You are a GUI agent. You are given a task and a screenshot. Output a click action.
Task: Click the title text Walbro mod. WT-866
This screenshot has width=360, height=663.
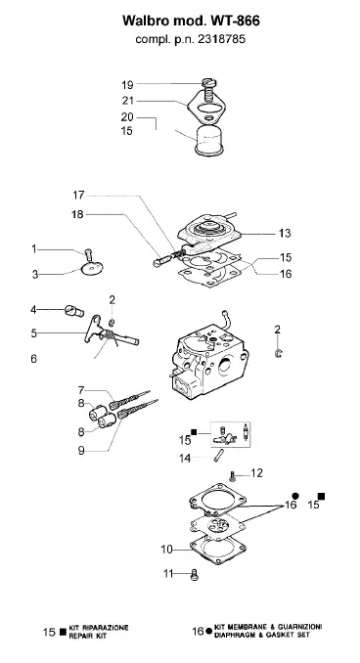click(191, 21)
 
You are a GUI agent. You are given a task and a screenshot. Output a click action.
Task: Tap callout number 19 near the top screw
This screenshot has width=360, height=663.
click(127, 85)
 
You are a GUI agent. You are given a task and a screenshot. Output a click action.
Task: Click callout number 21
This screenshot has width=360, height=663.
click(128, 101)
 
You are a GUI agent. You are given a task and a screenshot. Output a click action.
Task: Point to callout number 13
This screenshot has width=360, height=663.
click(285, 233)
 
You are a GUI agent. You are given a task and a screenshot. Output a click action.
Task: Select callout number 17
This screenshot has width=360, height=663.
click(78, 195)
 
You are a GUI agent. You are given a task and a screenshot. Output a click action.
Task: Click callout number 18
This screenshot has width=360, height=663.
click(78, 214)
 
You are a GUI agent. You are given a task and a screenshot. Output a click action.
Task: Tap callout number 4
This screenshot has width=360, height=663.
click(33, 310)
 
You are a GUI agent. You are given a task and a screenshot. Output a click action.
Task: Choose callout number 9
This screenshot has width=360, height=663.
click(81, 451)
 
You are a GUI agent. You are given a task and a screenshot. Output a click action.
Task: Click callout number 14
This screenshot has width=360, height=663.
click(185, 458)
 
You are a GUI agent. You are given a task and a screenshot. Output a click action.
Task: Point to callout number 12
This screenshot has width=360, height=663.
click(256, 472)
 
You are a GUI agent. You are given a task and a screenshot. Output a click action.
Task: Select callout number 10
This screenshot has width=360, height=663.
click(166, 550)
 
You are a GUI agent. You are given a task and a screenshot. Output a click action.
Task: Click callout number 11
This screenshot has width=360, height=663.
click(168, 574)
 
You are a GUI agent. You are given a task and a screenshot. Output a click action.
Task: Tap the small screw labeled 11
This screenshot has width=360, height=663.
click(195, 575)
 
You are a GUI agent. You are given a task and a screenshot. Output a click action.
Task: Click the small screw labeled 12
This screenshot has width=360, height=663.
click(232, 476)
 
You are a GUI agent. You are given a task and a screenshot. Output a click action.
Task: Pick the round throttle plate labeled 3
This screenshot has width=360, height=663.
click(92, 269)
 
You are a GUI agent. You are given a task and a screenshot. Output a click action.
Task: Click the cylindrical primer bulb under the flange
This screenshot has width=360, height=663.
click(208, 140)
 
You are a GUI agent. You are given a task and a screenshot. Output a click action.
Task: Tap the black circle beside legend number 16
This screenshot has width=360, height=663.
click(208, 631)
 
